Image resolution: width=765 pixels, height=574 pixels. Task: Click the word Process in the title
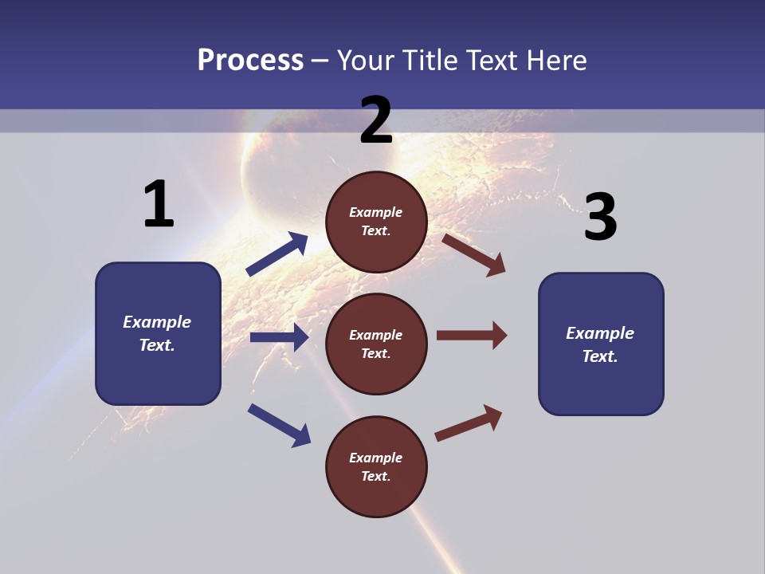[x=250, y=61]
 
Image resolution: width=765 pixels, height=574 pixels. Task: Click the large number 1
[x=159, y=204]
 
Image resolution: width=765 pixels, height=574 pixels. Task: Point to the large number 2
[x=376, y=120]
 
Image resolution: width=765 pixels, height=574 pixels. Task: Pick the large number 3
[x=600, y=218]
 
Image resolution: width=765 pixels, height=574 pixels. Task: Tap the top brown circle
[x=376, y=222]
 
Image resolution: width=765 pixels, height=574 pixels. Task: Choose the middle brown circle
[x=376, y=344]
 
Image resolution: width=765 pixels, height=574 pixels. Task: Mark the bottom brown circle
[x=376, y=466]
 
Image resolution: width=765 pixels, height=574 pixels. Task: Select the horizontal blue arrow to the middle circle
[x=279, y=337]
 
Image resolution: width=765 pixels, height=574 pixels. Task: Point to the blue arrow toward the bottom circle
[x=279, y=424]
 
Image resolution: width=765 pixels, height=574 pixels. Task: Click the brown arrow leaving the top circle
[x=474, y=254]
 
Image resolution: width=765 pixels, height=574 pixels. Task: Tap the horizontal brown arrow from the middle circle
[x=472, y=335]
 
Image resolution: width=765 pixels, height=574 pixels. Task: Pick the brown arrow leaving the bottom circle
[x=469, y=423]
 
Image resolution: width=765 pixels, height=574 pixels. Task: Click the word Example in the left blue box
[x=157, y=322]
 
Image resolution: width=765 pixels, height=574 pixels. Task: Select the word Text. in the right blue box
[x=600, y=356]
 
